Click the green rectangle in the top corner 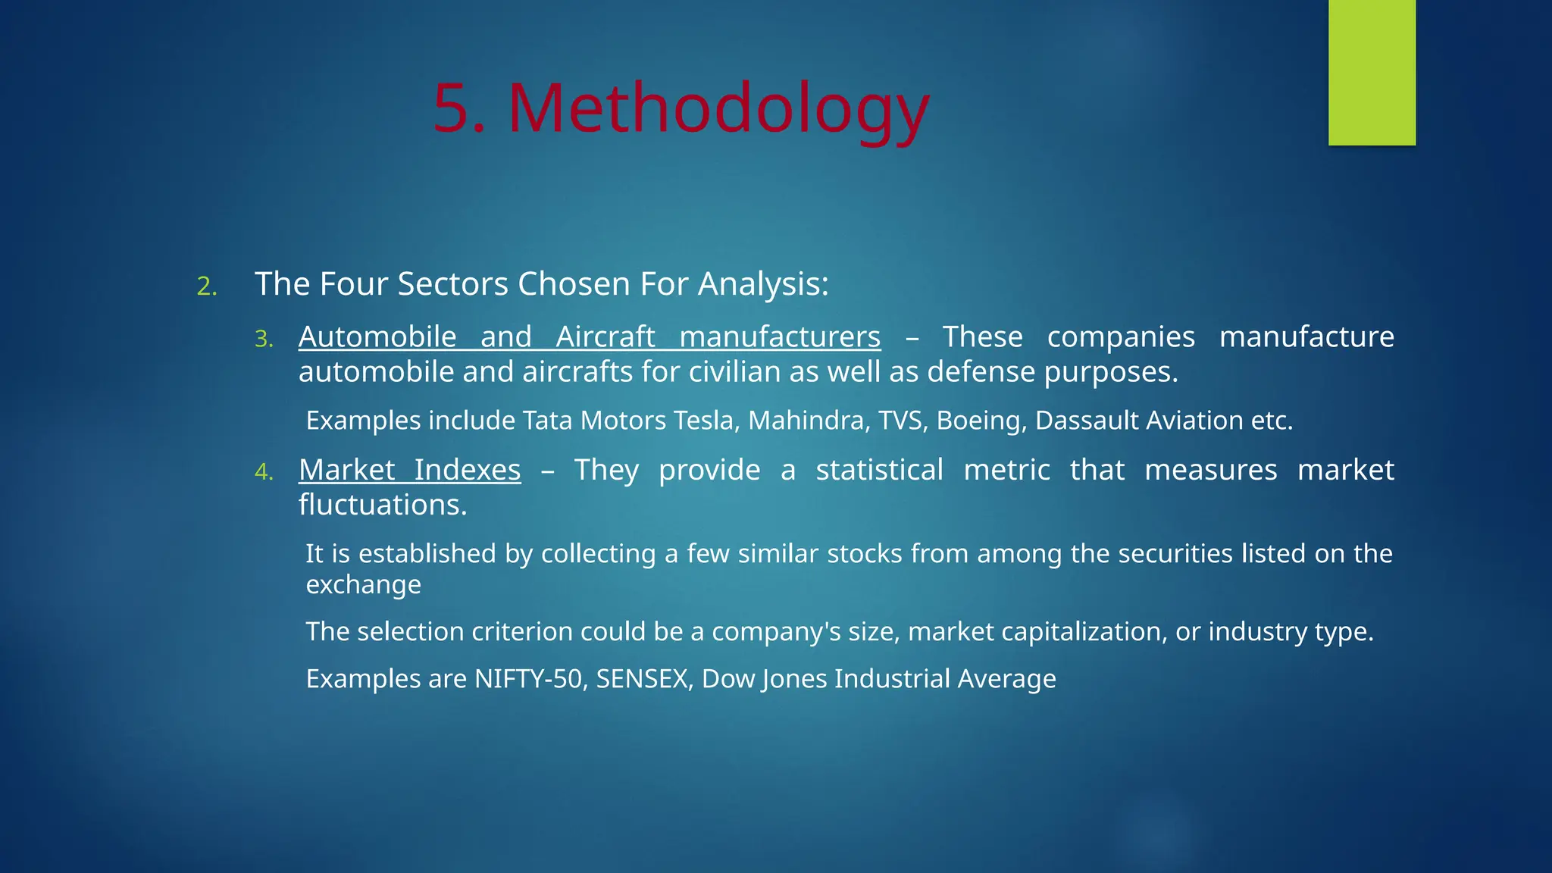[1372, 72]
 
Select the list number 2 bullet [206, 287]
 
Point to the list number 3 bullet [263, 339]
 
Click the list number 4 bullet [263, 472]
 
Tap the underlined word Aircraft [605, 336]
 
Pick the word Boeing [981, 421]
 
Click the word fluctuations [382, 505]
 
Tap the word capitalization [1084, 632]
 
